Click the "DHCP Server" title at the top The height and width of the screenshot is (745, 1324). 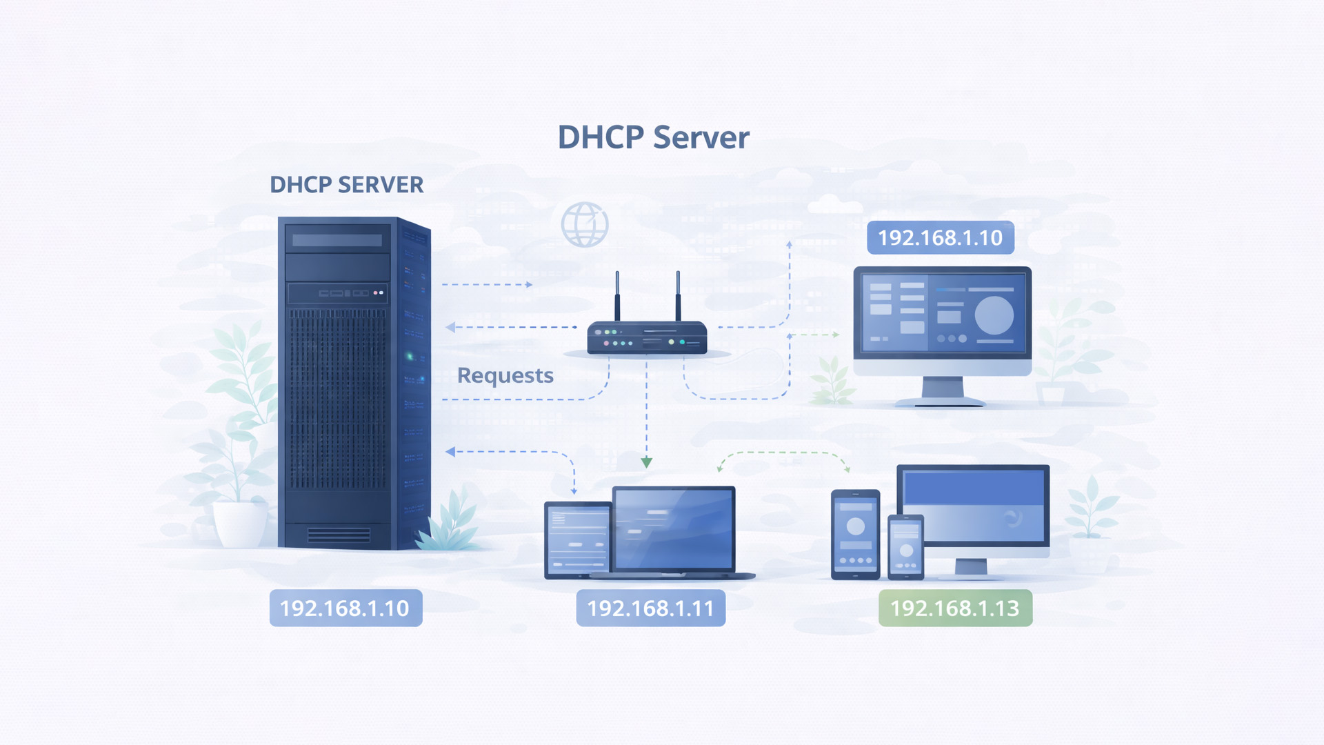(x=653, y=137)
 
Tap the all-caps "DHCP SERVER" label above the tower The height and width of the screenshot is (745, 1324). (x=346, y=185)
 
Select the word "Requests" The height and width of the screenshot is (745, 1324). (x=505, y=375)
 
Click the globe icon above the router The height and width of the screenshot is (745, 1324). (x=584, y=224)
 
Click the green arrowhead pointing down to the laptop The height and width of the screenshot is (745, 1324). (x=646, y=462)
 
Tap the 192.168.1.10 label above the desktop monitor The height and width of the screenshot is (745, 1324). (x=940, y=238)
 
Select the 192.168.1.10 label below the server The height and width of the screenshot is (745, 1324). (x=345, y=608)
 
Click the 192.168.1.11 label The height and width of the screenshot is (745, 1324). (x=650, y=608)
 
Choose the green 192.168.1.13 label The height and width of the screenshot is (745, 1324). (x=955, y=608)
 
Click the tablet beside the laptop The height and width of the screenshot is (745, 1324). (x=577, y=539)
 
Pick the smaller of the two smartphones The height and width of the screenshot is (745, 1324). (x=905, y=546)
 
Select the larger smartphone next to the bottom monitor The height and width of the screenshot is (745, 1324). (x=855, y=534)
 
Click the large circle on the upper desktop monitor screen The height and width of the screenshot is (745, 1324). (x=994, y=315)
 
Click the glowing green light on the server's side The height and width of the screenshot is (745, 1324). (x=410, y=357)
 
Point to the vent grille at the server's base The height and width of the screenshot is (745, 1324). (x=339, y=535)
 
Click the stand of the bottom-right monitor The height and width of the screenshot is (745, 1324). (x=971, y=567)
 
